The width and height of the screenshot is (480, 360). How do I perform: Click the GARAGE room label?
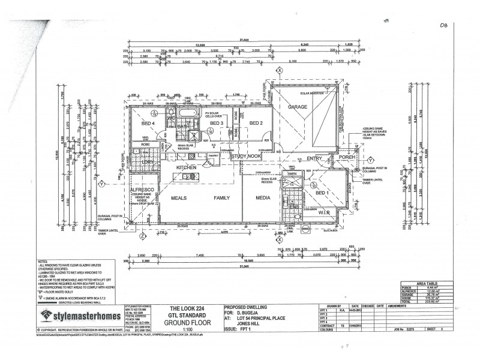coord(298,107)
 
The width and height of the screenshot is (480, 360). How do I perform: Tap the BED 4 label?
coord(148,124)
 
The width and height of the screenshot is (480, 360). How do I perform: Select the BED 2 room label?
coord(256,124)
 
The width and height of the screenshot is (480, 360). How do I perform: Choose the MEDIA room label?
coord(263,197)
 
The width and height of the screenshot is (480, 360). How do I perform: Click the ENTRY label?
coord(314,158)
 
